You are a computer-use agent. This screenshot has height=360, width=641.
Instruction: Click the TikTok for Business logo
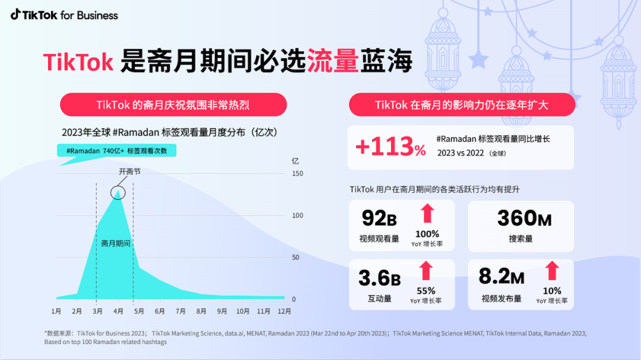pyautogui.click(x=64, y=15)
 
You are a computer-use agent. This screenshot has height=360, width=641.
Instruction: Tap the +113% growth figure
pyautogui.click(x=391, y=147)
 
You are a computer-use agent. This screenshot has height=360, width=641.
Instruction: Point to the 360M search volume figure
pyautogui.click(x=524, y=218)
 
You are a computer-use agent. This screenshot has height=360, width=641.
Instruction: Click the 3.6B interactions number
pyautogui.click(x=379, y=278)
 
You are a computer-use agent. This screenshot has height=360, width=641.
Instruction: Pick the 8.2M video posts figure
pyautogui.click(x=502, y=277)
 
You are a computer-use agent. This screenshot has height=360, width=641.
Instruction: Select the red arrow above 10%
pyautogui.click(x=552, y=271)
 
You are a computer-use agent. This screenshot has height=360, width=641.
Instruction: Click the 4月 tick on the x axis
pyautogui.click(x=118, y=311)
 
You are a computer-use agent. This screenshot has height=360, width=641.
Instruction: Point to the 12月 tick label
pyautogui.click(x=284, y=311)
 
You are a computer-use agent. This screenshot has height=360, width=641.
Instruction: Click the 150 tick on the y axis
pyautogui.click(x=297, y=173)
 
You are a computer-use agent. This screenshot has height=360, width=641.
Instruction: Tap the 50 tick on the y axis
pyautogui.click(x=296, y=257)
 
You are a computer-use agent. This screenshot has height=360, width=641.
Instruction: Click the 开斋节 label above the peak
pyautogui.click(x=129, y=171)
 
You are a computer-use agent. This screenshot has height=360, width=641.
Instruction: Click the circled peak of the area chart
pyautogui.click(x=118, y=192)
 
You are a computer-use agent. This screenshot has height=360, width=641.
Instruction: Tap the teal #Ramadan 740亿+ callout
pyautogui.click(x=117, y=151)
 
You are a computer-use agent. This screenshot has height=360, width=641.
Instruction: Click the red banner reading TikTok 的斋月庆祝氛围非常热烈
pyautogui.click(x=173, y=105)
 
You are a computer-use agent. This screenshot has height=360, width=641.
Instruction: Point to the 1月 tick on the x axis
pyautogui.click(x=56, y=311)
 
